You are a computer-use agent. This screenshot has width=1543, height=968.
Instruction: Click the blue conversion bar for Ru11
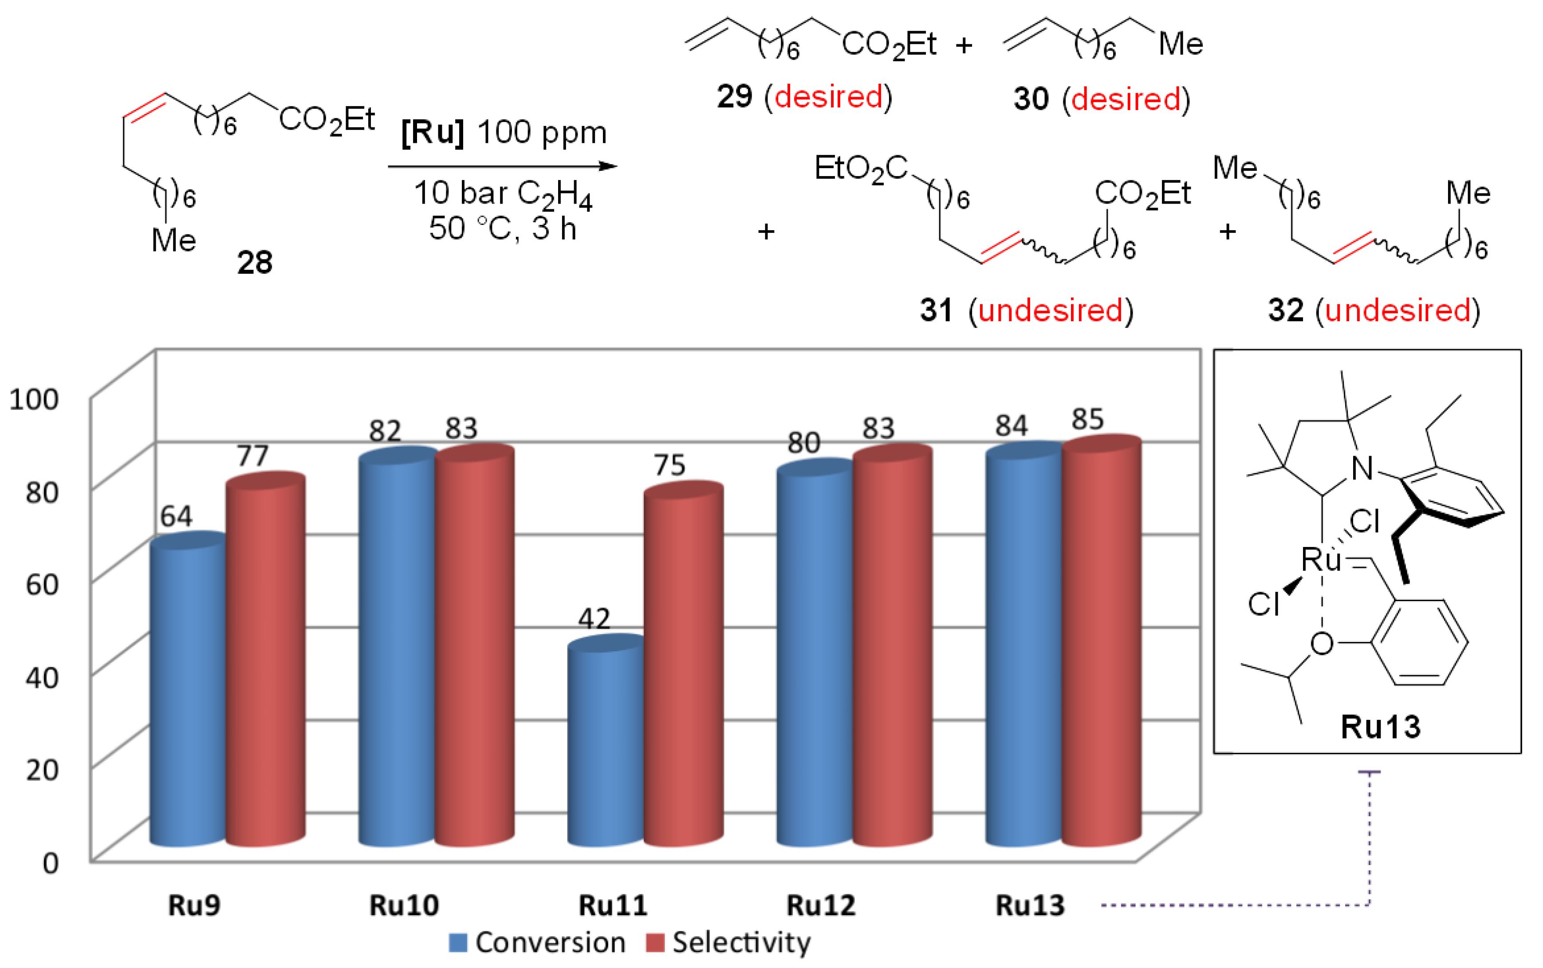tap(606, 746)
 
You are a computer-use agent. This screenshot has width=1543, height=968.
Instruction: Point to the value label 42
tap(594, 618)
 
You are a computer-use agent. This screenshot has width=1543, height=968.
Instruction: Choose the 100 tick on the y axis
tap(34, 399)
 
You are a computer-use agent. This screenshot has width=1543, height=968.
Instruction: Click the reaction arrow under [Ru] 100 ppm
tap(503, 166)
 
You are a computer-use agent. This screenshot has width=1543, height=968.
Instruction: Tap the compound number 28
tap(254, 263)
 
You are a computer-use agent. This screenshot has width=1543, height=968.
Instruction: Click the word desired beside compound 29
tap(828, 97)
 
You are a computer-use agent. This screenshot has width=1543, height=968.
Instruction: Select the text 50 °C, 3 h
tap(503, 228)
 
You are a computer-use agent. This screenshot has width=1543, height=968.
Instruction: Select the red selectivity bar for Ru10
tap(474, 647)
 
